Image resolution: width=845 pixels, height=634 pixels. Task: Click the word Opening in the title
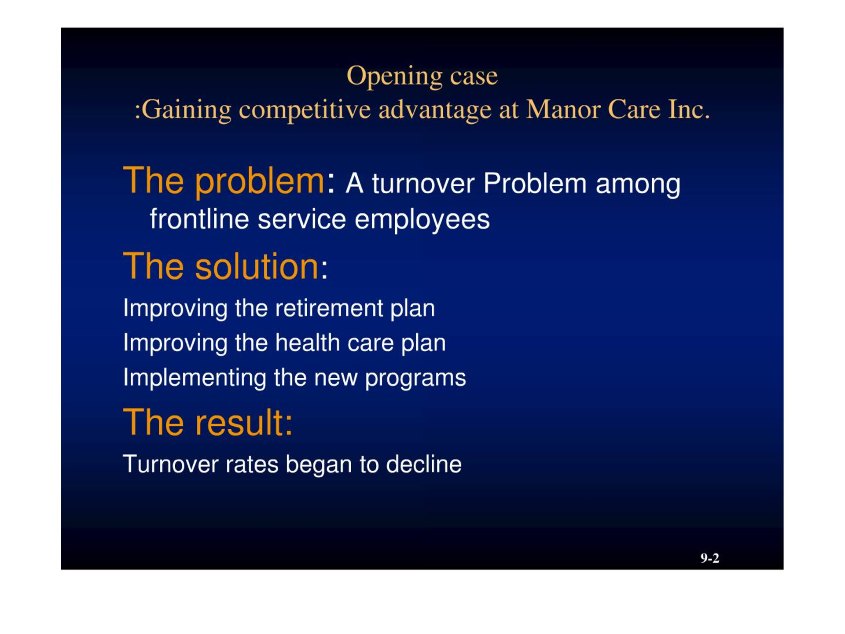point(394,77)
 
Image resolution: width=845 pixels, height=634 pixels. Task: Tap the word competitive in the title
point(305,110)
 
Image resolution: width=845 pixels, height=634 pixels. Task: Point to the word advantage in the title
point(435,110)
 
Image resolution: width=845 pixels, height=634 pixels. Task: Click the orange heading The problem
point(224,181)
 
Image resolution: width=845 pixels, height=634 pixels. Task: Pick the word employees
point(422,220)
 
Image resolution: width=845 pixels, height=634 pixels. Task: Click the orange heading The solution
point(220,266)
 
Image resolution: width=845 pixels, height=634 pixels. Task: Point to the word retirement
point(329,308)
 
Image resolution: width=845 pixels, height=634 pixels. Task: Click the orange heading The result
point(208,423)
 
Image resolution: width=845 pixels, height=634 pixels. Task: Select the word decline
point(424,464)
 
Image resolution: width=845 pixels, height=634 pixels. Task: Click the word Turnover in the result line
point(170,464)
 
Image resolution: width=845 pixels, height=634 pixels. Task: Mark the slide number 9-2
point(709,558)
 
